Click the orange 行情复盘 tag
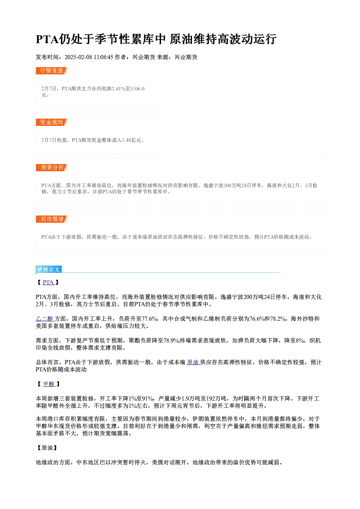point(52,71)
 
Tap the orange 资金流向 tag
point(52,122)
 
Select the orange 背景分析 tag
point(52,168)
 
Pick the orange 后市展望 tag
point(52,219)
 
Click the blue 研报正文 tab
point(49,270)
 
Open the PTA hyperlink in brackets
point(48,283)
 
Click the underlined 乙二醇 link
point(45,319)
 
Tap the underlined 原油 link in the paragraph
point(193,362)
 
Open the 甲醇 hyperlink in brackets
point(49,384)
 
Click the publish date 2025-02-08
point(78,57)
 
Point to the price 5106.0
point(137,89)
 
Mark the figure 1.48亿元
point(131,140)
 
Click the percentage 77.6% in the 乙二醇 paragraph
point(150,319)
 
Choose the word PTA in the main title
point(48,39)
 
